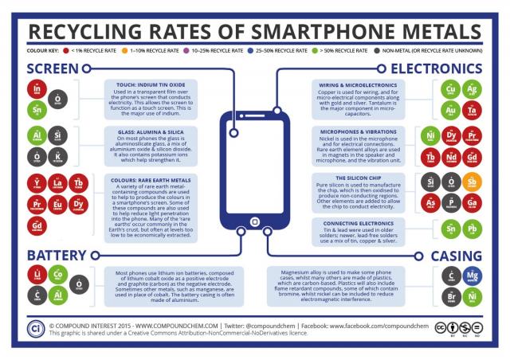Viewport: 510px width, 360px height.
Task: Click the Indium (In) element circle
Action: (36, 88)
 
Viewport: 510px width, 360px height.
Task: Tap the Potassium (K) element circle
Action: (58, 155)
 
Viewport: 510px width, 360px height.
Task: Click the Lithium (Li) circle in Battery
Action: (36, 275)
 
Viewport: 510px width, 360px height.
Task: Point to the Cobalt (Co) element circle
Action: (58, 275)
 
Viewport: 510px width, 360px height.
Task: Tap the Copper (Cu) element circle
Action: (451, 88)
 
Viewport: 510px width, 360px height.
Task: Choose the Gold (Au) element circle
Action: (451, 110)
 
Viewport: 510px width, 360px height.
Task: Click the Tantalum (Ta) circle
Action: (473, 110)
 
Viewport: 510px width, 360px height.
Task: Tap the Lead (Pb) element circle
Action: (473, 231)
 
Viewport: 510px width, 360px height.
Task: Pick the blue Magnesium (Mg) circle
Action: (473, 275)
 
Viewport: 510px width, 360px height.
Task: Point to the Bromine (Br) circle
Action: (451, 296)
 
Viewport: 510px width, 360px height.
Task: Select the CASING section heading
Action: (456, 255)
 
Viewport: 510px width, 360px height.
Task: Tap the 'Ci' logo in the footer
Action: (35, 327)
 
